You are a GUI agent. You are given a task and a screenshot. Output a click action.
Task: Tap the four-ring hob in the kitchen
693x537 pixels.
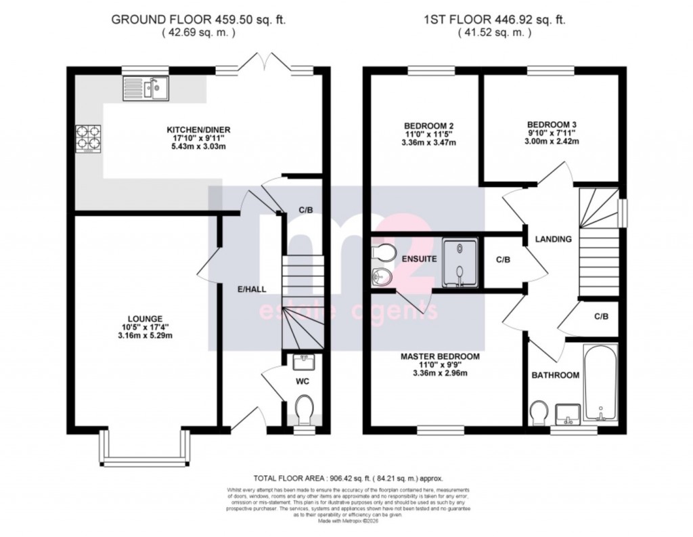(87, 138)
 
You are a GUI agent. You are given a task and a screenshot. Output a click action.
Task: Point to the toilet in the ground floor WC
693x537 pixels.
(304, 408)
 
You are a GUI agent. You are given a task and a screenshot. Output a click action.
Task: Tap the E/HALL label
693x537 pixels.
(251, 289)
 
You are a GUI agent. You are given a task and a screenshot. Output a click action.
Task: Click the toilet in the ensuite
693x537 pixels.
(383, 252)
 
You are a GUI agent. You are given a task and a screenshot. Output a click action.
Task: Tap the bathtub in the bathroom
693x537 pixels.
(600, 383)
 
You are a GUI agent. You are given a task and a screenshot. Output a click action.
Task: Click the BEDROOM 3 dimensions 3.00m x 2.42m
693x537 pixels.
(552, 142)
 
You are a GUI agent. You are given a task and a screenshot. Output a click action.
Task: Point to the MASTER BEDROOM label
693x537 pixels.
(440, 356)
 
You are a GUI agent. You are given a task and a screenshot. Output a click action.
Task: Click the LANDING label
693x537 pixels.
(553, 239)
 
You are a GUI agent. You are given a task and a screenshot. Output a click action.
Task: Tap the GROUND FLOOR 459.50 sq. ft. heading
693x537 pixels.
(198, 20)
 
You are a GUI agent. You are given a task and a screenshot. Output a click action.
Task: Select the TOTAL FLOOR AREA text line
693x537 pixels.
(348, 478)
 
